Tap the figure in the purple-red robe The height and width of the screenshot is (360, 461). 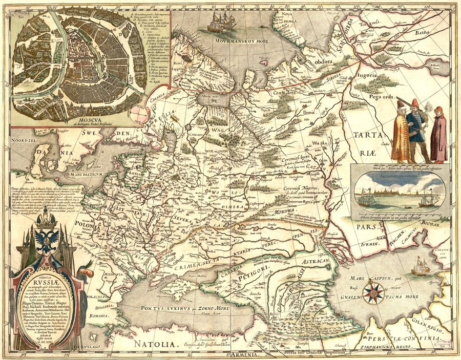click(438, 134)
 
